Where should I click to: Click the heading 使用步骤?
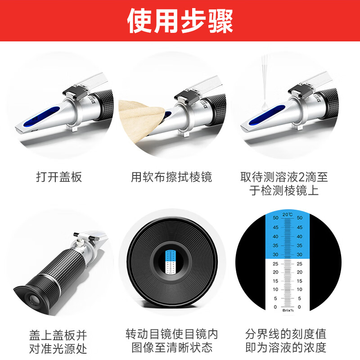[180, 21]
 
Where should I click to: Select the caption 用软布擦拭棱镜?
[171, 177]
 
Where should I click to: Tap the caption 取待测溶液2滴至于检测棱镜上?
[284, 184]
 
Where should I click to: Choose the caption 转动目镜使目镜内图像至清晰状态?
[171, 342]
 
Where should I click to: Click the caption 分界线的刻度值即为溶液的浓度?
[286, 342]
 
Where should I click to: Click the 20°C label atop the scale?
[288, 214]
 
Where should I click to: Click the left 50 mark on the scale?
[275, 218]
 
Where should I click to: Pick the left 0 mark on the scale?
[275, 307]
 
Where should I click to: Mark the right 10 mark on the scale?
[300, 289]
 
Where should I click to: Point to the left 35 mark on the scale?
[275, 245]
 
